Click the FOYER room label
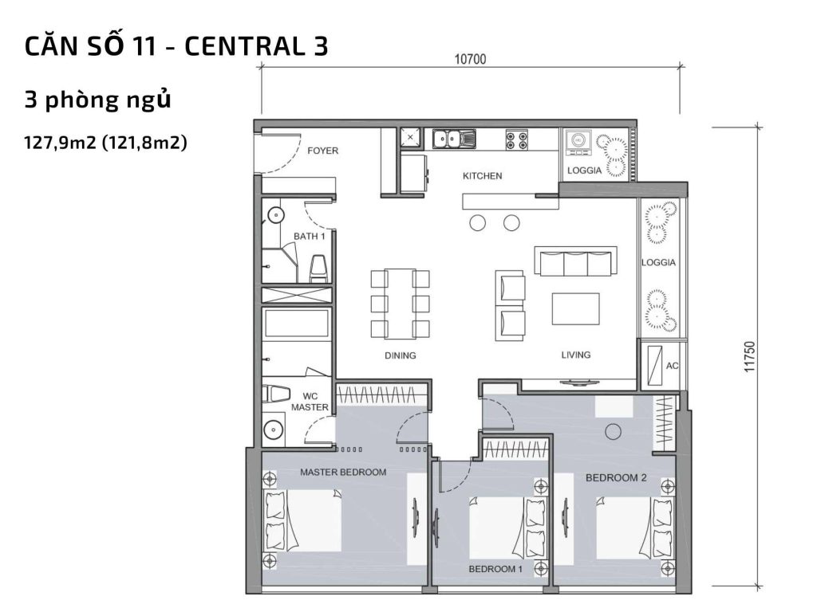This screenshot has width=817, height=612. (x=323, y=151)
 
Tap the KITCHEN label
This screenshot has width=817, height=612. (x=483, y=175)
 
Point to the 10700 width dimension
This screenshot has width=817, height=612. (x=470, y=58)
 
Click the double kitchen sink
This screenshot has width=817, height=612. (x=454, y=139)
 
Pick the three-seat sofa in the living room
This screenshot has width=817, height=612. (x=575, y=261)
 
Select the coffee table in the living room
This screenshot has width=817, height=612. (x=575, y=309)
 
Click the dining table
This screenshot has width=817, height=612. (x=400, y=303)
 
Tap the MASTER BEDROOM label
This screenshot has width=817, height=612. (x=343, y=472)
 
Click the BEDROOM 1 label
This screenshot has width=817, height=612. (x=495, y=569)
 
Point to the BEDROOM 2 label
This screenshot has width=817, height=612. (x=616, y=478)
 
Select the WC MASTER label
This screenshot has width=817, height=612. (x=310, y=401)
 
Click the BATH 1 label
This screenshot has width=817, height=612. (x=309, y=236)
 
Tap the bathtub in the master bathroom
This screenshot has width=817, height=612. (x=296, y=325)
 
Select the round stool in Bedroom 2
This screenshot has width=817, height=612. (x=613, y=431)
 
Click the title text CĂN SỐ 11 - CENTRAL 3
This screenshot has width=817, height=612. (x=176, y=46)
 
